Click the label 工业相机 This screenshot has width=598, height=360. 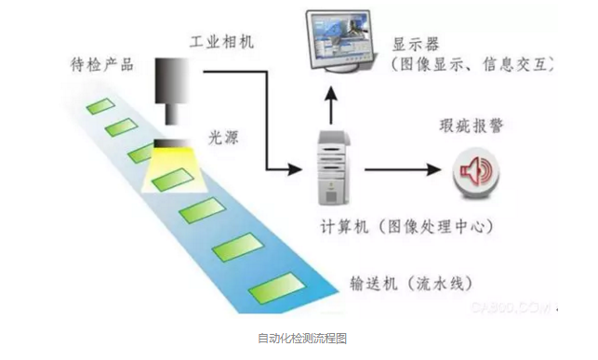pos(222,42)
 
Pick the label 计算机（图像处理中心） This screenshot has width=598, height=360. pos(394,226)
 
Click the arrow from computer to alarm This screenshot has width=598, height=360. pos(400,170)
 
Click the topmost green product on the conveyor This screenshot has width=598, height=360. pos(99,106)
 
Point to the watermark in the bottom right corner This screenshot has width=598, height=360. pos(521,304)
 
